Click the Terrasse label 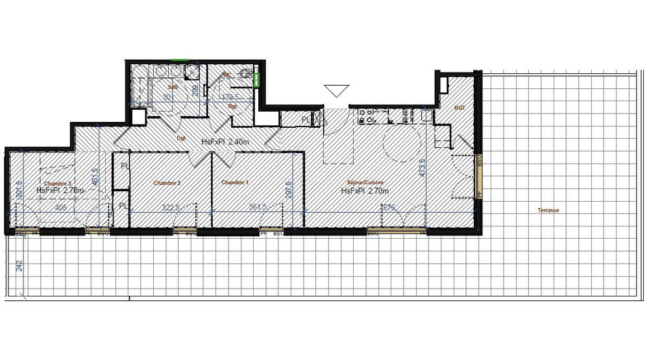tap(548, 210)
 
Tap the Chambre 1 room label tap(235, 183)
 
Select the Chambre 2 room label tap(167, 183)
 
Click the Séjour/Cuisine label tap(365, 183)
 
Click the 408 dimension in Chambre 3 tap(60, 208)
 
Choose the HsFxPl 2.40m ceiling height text tap(225, 141)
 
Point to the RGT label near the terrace tap(459, 108)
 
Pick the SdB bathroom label tap(173, 86)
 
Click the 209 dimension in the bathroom tap(195, 90)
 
